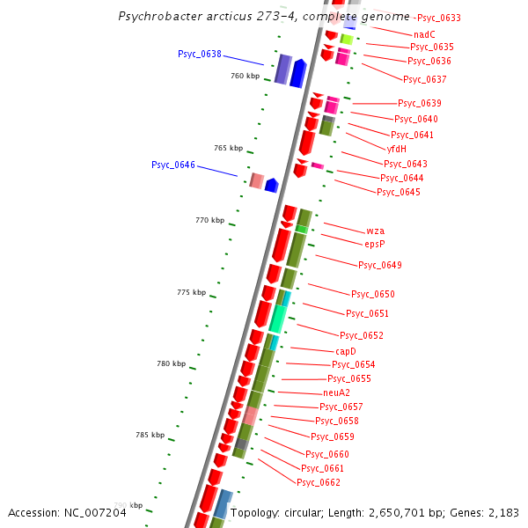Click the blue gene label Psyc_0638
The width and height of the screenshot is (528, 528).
click(x=200, y=55)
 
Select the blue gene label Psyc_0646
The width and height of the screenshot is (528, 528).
click(x=173, y=165)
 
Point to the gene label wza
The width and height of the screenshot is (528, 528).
click(x=376, y=231)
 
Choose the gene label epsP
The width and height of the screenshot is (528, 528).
click(x=375, y=244)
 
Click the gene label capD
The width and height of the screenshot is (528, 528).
click(x=346, y=351)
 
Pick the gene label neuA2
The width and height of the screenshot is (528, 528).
click(x=336, y=392)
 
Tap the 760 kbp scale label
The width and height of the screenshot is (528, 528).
click(x=246, y=77)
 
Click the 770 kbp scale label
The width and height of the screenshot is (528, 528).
click(x=209, y=220)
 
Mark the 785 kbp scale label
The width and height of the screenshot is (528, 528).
click(x=150, y=435)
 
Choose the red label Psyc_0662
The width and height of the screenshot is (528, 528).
click(x=319, y=482)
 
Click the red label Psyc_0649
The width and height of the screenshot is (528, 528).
click(x=380, y=266)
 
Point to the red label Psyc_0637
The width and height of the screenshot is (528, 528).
click(x=425, y=79)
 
